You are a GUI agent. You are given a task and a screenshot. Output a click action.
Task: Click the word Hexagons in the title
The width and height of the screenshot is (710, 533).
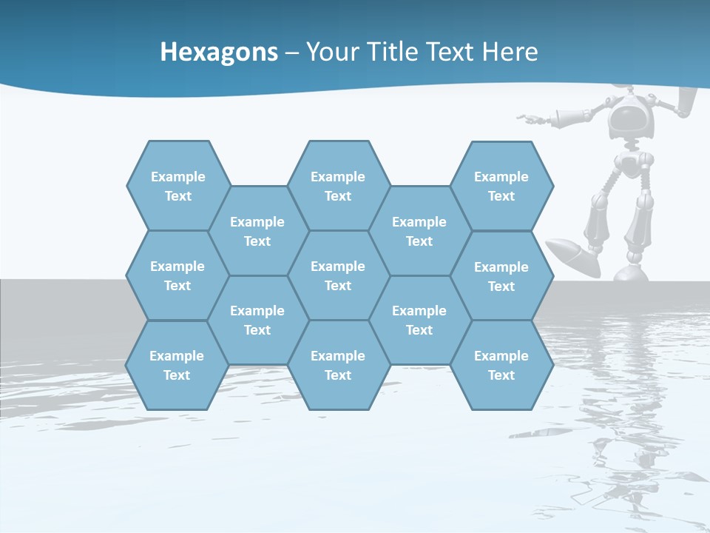point(219,52)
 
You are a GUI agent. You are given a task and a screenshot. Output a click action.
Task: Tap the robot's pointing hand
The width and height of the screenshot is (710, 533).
point(528,118)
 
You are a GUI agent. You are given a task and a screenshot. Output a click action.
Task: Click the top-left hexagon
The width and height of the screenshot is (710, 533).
point(177,186)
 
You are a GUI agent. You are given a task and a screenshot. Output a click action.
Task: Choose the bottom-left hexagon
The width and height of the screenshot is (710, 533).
point(177,365)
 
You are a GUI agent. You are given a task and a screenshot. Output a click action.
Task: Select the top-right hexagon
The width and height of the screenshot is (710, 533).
point(501,186)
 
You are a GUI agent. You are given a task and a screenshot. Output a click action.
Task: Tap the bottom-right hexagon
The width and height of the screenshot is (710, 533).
point(501,365)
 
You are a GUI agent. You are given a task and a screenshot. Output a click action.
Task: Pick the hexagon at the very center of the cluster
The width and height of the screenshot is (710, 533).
point(338,275)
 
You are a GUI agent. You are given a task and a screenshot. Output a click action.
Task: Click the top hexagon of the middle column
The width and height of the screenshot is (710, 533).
point(338,186)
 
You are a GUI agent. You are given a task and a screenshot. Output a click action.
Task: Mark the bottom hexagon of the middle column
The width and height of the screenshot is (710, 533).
point(338,365)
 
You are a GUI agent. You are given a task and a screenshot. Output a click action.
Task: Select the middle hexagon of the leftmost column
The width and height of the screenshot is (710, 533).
point(177,275)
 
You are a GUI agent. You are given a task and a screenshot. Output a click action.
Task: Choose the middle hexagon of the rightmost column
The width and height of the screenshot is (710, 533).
point(501,276)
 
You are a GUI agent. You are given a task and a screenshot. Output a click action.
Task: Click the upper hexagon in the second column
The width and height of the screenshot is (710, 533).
point(257,231)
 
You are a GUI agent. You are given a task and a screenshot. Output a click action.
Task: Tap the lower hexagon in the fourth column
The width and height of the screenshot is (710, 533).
point(419,320)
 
